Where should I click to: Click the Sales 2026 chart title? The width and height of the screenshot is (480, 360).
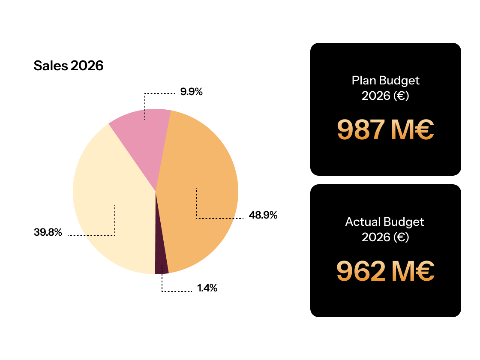click(x=69, y=66)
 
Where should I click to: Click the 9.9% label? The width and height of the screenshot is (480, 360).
click(x=191, y=92)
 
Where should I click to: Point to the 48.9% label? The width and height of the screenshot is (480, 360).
click(x=263, y=215)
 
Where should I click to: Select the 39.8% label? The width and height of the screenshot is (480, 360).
click(x=48, y=233)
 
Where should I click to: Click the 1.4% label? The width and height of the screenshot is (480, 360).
click(x=207, y=288)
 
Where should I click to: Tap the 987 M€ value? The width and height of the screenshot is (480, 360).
click(x=385, y=130)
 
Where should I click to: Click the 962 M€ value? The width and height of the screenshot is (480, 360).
click(x=385, y=271)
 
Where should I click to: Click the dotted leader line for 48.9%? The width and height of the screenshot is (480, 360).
click(x=219, y=219)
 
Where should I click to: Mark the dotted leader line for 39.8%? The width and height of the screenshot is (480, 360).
click(x=92, y=235)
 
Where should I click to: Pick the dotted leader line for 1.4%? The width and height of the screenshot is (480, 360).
click(x=176, y=291)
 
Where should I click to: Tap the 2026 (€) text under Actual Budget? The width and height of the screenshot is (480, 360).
click(x=385, y=237)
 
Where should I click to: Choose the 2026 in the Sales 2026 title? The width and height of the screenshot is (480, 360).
click(x=87, y=66)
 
